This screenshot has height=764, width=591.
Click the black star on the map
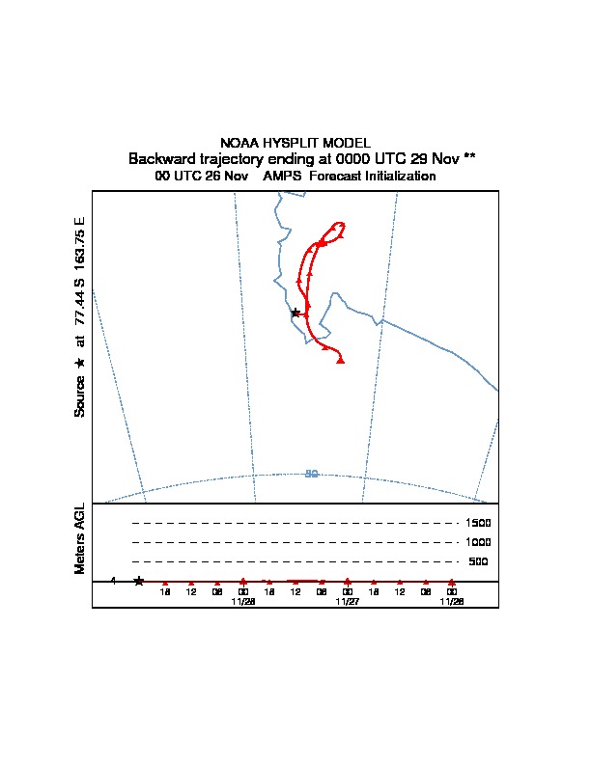pos(295,313)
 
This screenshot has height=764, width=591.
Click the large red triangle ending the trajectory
pos(341,361)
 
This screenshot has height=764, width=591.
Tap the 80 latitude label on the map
pos(311,474)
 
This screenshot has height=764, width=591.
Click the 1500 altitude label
pos(478,523)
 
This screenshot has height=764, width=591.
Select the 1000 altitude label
pos(478,542)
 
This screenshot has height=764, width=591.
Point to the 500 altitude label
pos(478,561)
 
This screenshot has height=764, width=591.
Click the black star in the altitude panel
pos(139,581)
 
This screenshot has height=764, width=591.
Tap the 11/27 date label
pos(347,601)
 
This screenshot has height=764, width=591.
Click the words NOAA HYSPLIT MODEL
pos(295,143)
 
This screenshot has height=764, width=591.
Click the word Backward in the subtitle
pos(161,158)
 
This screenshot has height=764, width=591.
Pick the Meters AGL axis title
pos(80,538)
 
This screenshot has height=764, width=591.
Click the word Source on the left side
pos(80,396)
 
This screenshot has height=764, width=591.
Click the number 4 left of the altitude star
pos(113,581)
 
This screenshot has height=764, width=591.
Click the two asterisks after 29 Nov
pos(469,156)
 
